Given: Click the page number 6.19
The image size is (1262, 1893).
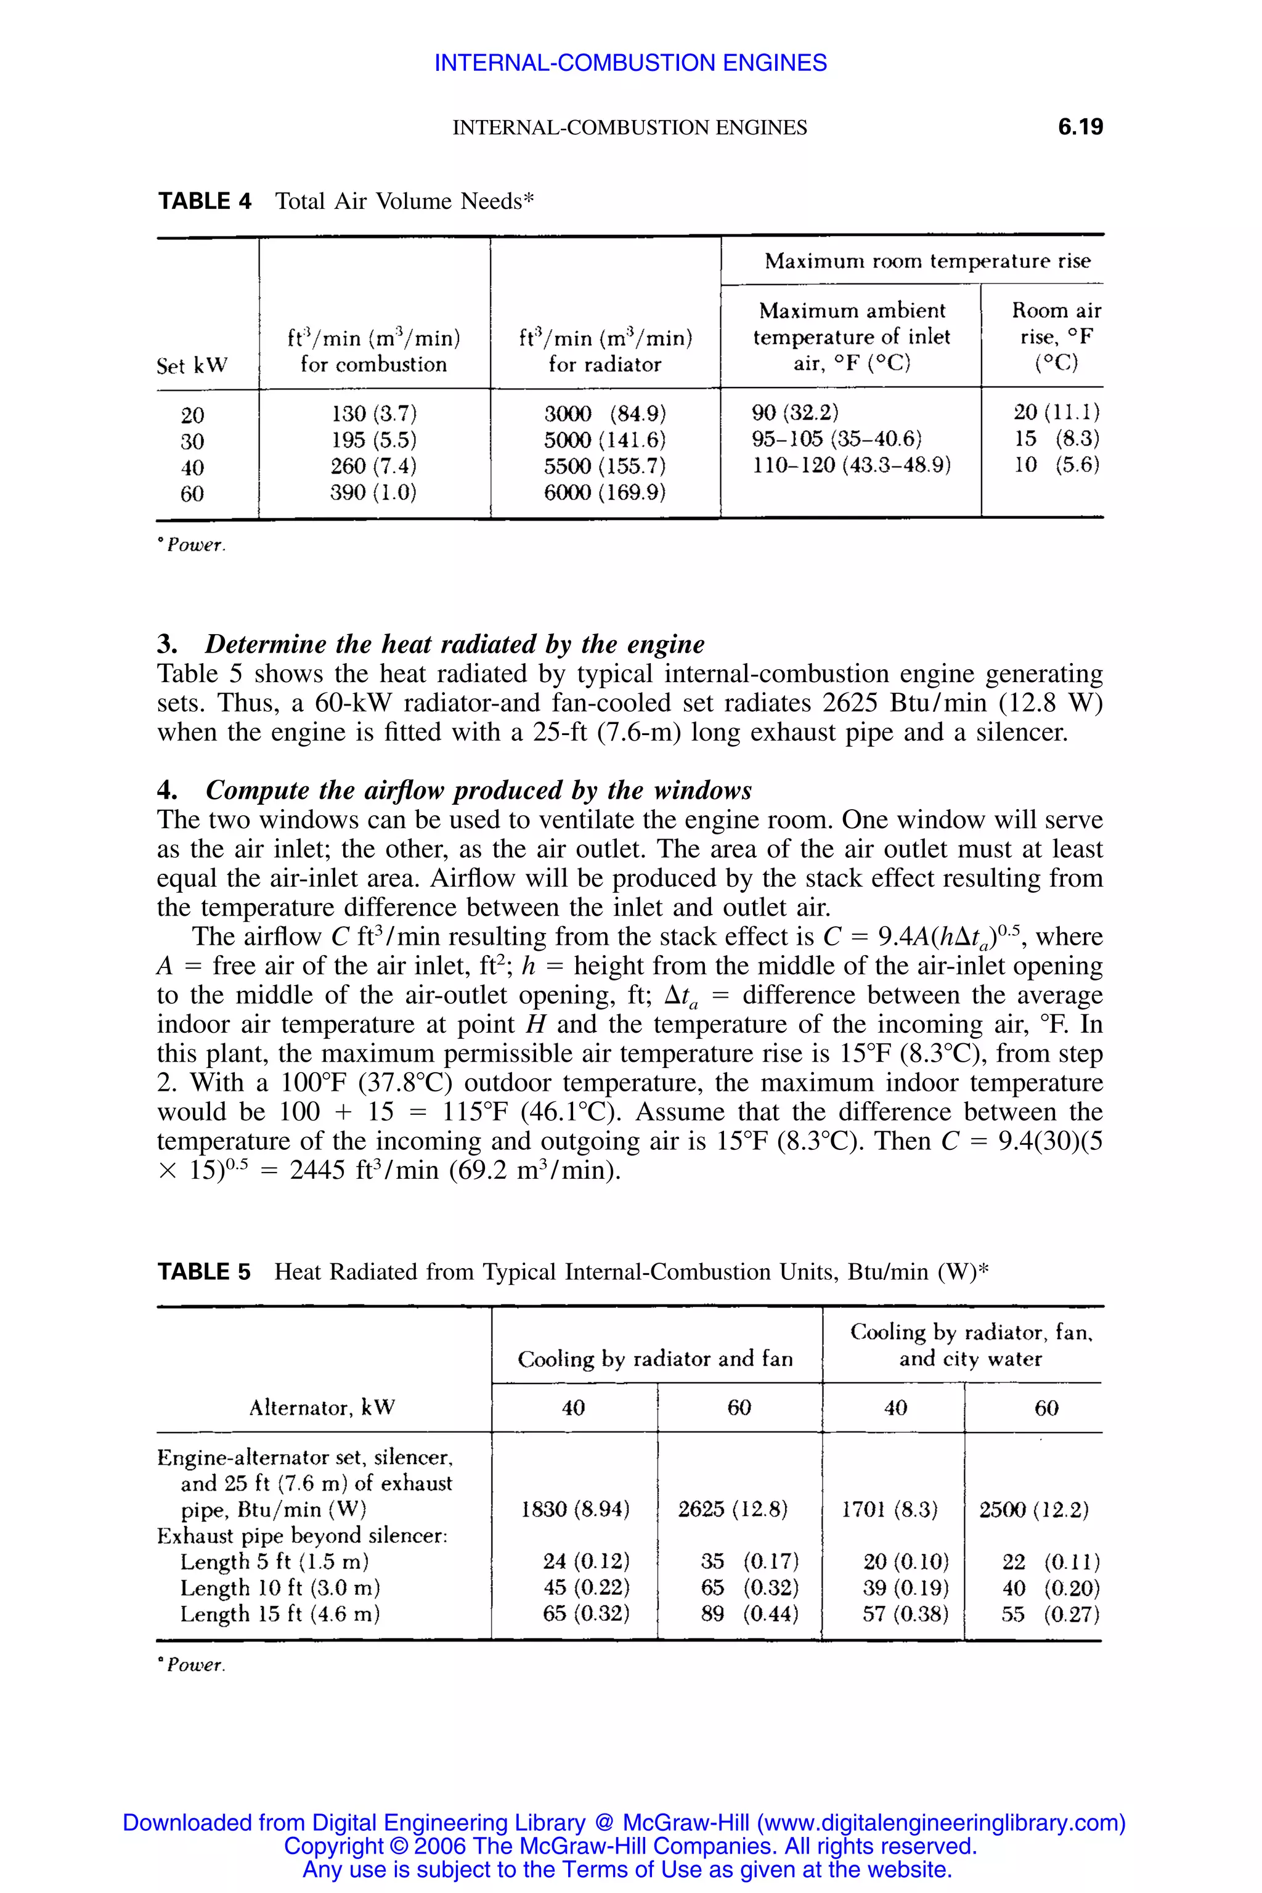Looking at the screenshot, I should pos(1080,127).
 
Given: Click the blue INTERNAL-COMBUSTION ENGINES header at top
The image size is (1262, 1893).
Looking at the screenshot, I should pos(630,63).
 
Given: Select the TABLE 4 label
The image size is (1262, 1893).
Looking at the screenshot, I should pos(205,202).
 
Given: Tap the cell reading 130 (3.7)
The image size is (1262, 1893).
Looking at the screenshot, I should pos(373,413).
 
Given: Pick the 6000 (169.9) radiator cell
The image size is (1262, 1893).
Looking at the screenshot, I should pos(605,492).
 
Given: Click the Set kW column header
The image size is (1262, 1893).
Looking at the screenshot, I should pos(192,365).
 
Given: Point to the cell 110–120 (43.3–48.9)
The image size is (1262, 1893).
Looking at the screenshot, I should pos(852,465).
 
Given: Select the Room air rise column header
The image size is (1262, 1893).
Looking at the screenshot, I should pos(1056,336).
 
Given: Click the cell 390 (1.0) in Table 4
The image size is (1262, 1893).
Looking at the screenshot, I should pos(373,492).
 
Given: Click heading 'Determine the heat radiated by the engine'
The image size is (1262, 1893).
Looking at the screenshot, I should pos(454,644).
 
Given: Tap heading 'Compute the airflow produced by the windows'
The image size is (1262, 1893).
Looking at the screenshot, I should pos(478,791).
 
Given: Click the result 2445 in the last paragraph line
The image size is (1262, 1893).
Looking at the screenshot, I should pos(319,1170).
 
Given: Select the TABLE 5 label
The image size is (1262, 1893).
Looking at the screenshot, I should pos(205,1272).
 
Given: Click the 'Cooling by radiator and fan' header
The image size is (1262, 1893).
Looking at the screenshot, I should pos(655,1359).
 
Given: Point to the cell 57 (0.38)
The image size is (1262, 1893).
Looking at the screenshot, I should pos(905,1614).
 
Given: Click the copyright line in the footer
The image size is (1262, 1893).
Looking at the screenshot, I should pos(630,1846).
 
